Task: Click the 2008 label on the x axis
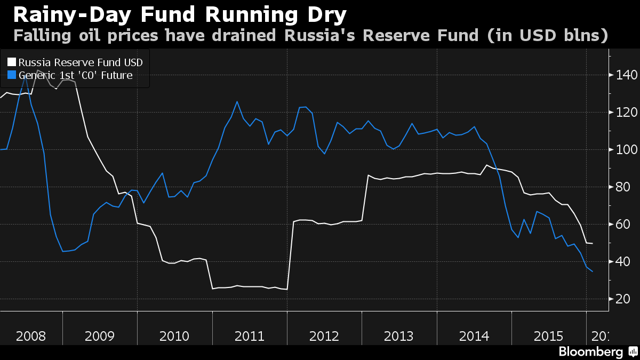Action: [x=31, y=337]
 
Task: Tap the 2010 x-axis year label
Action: [x=174, y=337]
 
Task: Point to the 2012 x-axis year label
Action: [x=324, y=337]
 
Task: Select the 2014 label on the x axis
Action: [x=474, y=337]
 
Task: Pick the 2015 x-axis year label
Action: [x=549, y=337]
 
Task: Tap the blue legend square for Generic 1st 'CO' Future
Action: [x=11, y=75]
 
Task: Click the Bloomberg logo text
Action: [x=590, y=352]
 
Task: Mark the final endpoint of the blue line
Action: [x=593, y=271]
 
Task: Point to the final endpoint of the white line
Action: [x=593, y=243]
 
